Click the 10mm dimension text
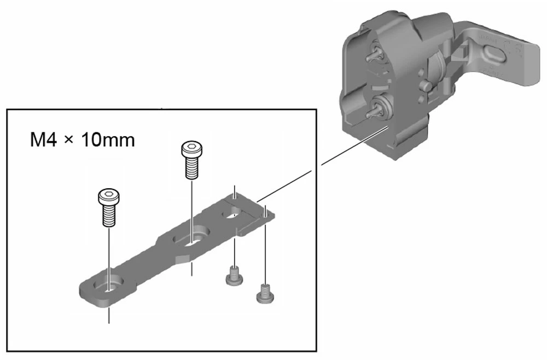tap(107, 140)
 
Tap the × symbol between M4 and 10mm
tap(69, 141)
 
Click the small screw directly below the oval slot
tap(234, 277)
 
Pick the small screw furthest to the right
tap(264, 294)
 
